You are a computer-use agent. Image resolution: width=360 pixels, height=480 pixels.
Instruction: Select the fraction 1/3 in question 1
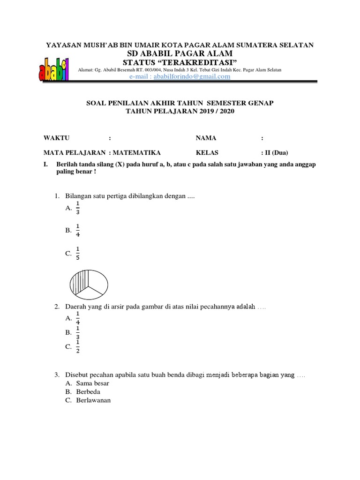[78, 208]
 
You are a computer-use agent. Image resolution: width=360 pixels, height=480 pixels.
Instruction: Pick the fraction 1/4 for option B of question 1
[78, 231]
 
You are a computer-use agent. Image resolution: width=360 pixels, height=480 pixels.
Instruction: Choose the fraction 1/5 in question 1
[78, 254]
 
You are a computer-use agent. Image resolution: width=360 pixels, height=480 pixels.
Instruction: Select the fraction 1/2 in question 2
[78, 347]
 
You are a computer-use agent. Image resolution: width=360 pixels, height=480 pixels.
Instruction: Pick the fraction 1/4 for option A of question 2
[78, 318]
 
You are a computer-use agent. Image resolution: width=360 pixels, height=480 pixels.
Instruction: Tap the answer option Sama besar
[92, 383]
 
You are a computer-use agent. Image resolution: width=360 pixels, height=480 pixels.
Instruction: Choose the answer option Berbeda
[88, 391]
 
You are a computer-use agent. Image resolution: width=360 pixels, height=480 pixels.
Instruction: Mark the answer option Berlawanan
[93, 400]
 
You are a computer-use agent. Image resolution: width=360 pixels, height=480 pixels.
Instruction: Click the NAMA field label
[206, 138]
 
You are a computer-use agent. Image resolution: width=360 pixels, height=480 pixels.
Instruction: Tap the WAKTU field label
[56, 138]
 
